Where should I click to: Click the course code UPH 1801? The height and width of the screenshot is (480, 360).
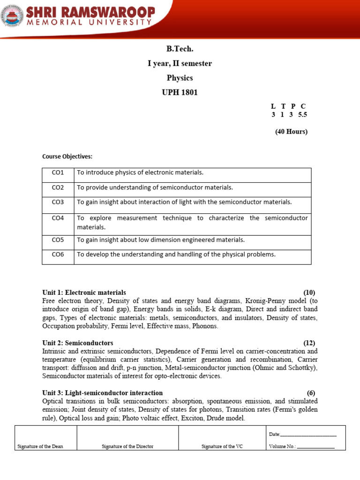180,92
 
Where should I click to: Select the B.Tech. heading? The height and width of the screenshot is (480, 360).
180,49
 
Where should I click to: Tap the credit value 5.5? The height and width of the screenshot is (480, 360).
302,114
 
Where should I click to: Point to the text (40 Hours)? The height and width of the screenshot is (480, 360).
291,132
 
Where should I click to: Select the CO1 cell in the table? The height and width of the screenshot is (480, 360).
58,172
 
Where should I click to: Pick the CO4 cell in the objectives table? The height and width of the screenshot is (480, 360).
58,218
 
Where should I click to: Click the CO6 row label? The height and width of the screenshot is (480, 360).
58,255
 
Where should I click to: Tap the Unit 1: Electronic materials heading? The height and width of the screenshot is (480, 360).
84,292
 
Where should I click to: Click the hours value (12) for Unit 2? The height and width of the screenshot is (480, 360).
309,343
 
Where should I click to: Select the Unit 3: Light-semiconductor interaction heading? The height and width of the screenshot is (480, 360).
102,393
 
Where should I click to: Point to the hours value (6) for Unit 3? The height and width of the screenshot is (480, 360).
312,393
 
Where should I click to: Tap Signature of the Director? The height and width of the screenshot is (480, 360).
127,446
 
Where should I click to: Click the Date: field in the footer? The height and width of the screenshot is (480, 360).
302,435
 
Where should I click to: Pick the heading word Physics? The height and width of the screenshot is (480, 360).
180,78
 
